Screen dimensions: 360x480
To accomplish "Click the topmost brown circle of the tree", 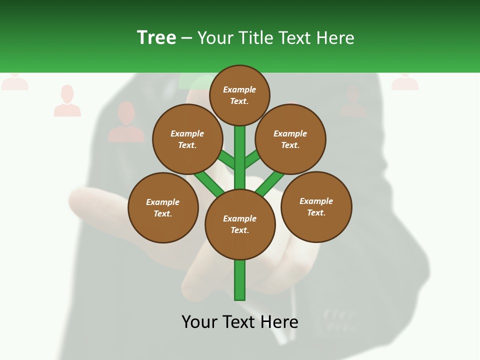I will click(239, 95).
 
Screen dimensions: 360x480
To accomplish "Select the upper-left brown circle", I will click(187, 139).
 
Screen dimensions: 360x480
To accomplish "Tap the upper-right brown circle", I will click(290, 139).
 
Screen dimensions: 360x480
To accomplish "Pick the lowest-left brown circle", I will click(163, 207).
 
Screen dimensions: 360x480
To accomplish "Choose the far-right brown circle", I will click(316, 207).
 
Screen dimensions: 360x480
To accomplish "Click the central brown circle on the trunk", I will click(240, 224).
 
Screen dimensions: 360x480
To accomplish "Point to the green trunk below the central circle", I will click(240, 280).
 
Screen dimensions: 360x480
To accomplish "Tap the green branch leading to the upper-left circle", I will click(227, 160).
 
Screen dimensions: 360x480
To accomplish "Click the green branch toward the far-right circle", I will click(270, 183).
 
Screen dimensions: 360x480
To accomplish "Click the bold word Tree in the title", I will click(156, 37).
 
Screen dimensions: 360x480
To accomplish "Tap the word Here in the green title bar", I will click(335, 37).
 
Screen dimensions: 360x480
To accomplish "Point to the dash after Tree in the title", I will click(187, 38).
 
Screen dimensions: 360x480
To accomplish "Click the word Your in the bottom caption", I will click(200, 322).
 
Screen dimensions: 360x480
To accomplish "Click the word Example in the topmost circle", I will click(239, 90).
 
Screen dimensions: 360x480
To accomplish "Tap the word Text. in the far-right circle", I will click(316, 213).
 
